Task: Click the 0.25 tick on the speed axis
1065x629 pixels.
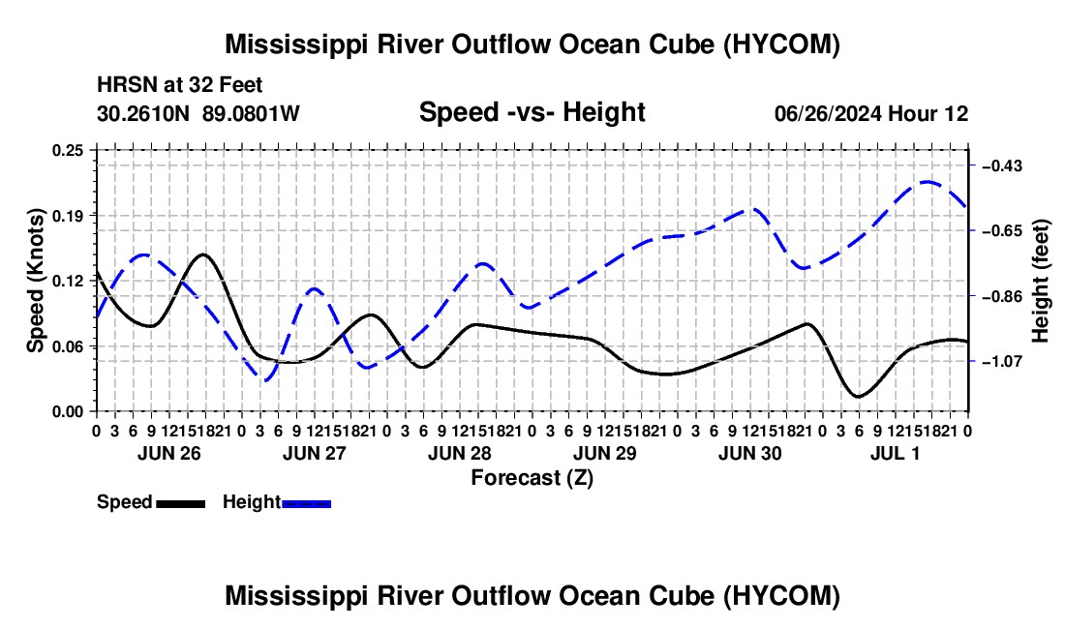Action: point(68,150)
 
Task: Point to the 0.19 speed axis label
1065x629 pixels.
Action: point(68,216)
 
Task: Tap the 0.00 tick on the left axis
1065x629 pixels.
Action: point(68,412)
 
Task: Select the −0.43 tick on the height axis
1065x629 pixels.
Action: point(1002,166)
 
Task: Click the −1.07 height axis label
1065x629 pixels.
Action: point(1002,362)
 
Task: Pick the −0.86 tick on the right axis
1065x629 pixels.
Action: point(1002,296)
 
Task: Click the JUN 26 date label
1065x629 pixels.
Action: point(169,453)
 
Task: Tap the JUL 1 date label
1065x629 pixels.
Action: point(896,453)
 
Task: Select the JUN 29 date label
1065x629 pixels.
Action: point(604,453)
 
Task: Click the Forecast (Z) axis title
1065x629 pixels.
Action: point(532,478)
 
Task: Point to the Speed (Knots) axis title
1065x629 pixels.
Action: point(35,281)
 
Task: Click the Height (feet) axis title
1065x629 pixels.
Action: point(1040,281)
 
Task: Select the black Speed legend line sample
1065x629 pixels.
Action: point(181,504)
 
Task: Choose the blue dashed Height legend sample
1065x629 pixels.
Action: point(306,504)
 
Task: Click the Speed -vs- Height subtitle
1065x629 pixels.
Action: point(532,112)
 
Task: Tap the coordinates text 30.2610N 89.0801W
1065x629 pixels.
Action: point(198,113)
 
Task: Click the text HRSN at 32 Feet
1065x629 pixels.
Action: point(180,85)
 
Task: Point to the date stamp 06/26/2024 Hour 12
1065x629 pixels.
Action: point(871,113)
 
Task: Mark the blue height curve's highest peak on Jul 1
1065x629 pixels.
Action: point(928,182)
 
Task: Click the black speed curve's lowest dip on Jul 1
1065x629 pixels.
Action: point(859,396)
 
